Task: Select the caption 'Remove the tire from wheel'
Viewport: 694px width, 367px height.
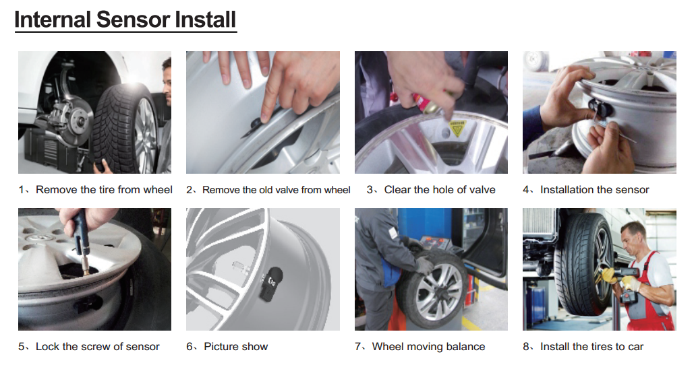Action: (x=104, y=190)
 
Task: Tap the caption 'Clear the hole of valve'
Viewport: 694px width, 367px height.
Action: (x=439, y=190)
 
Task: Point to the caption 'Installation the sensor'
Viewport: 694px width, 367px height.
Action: (x=594, y=190)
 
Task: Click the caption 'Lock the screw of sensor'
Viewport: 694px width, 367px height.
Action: (x=97, y=347)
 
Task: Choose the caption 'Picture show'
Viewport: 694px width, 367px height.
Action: (x=235, y=347)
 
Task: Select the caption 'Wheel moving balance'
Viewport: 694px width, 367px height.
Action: (x=428, y=347)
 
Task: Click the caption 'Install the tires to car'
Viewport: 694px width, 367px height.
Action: (x=591, y=347)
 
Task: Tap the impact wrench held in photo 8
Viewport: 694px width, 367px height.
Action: (x=616, y=276)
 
